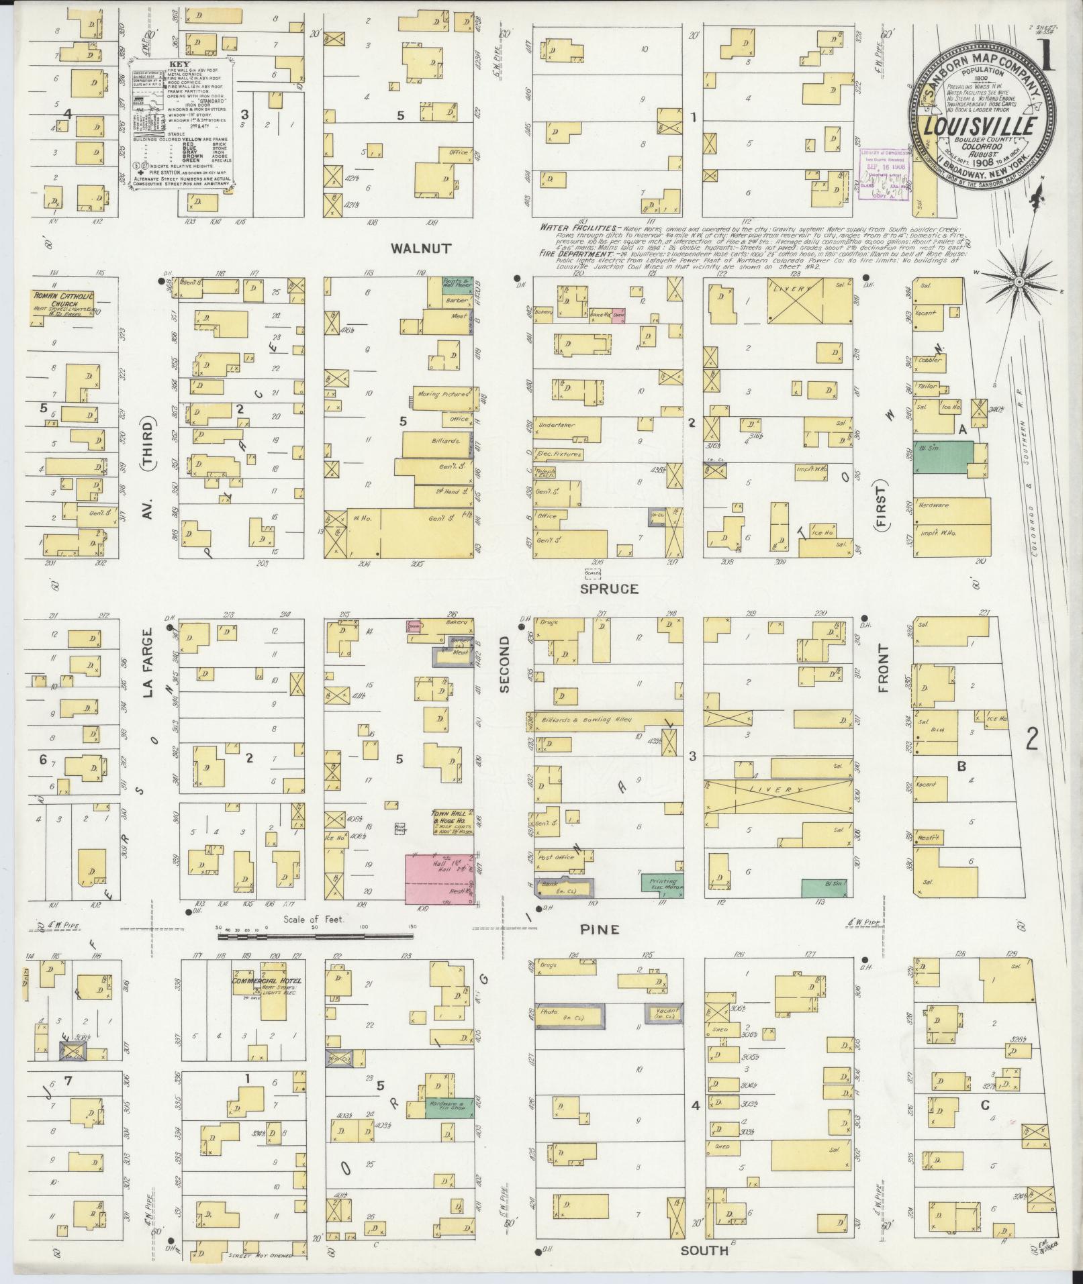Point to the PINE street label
coord(600,930)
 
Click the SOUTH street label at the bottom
coord(704,1250)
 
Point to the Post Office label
coord(554,857)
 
